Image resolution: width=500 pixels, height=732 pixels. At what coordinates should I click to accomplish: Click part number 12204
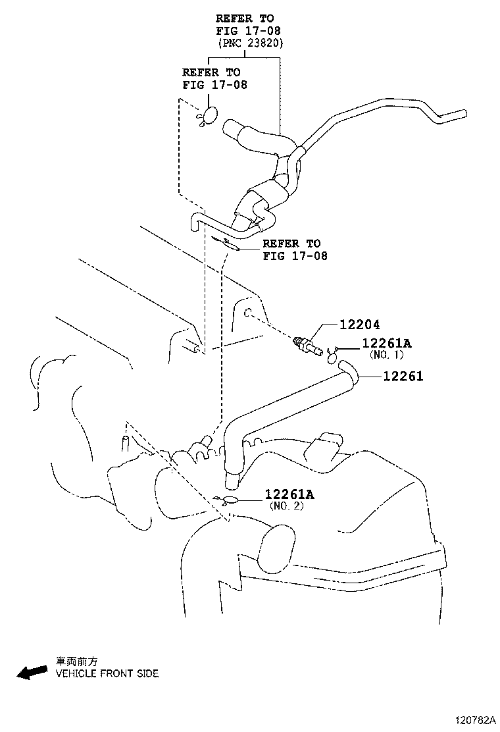point(360,325)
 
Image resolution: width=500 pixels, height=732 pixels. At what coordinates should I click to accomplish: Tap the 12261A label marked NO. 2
point(289,494)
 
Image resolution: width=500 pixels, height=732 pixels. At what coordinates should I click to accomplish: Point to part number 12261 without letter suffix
point(403,376)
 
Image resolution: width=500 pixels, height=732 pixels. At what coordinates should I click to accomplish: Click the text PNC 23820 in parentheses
point(250,43)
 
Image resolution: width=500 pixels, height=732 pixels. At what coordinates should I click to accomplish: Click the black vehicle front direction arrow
point(32,671)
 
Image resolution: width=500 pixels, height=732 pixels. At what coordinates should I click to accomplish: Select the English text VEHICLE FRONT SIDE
point(107,673)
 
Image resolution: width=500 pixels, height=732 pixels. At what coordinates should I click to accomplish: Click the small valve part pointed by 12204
point(307,346)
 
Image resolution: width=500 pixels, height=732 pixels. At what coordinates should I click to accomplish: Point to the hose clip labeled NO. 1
point(334,356)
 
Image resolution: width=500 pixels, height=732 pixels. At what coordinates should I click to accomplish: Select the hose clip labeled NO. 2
point(231,499)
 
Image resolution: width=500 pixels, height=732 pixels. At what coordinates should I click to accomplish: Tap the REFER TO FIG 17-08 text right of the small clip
point(294,249)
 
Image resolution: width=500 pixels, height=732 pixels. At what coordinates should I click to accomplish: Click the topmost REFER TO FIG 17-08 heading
point(244,24)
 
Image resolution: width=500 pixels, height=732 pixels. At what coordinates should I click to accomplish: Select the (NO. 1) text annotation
point(387,355)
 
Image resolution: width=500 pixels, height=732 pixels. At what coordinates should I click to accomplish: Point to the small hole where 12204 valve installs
point(249,313)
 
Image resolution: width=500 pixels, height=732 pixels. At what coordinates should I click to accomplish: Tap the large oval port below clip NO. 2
point(276,548)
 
